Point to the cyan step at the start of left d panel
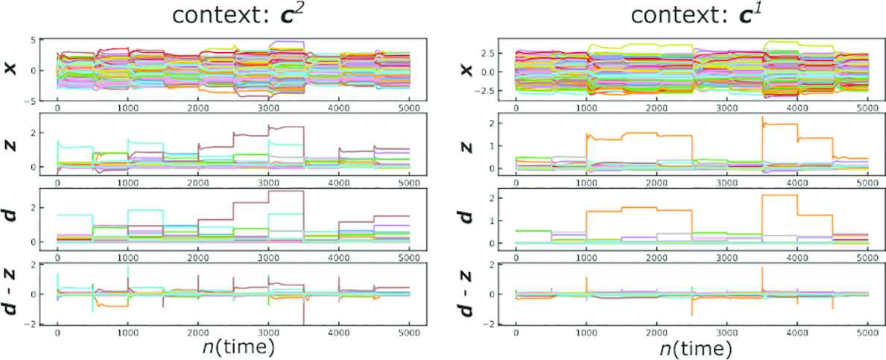(x=75, y=215)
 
